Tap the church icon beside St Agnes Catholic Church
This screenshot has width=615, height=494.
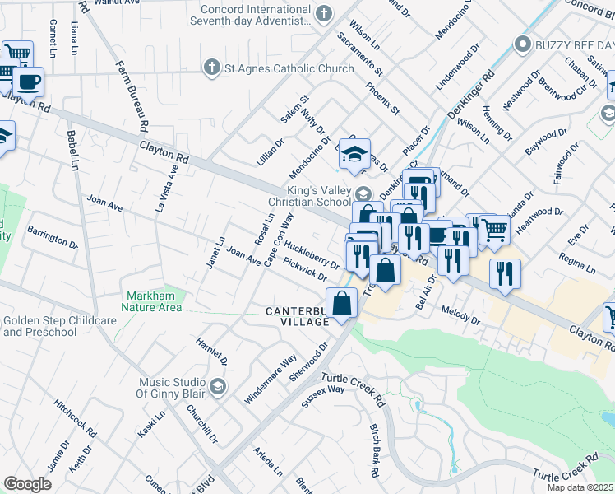click(211, 68)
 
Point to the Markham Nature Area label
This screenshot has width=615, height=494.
click(152, 301)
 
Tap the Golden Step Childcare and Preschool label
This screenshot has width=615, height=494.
click(51, 326)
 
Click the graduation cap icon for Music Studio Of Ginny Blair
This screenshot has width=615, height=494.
click(217, 386)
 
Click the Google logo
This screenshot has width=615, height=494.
click(27, 483)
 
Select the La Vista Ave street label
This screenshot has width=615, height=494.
click(168, 189)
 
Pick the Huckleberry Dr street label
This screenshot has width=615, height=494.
click(312, 254)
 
